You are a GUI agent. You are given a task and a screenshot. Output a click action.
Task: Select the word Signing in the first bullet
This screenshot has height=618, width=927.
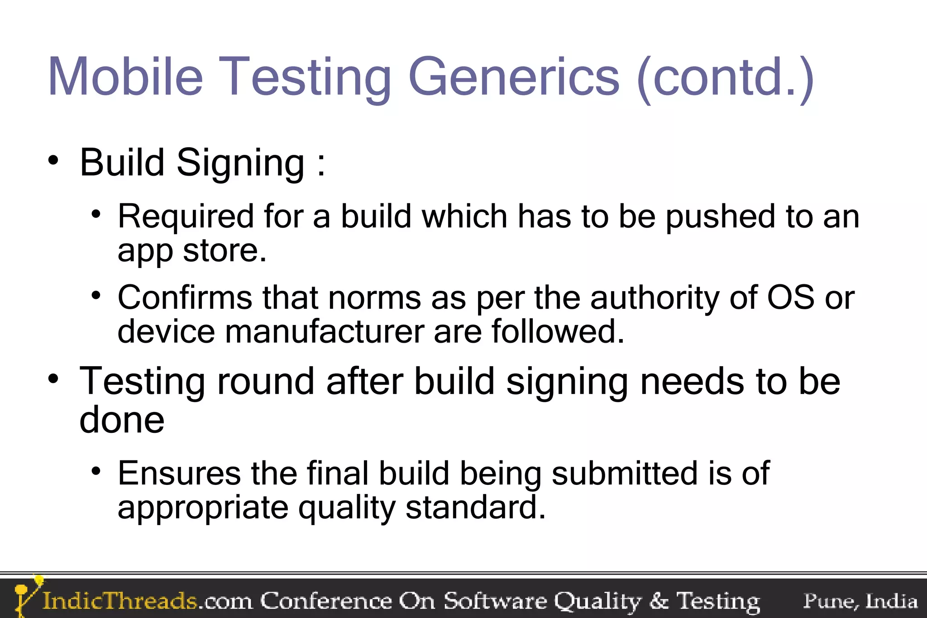coord(240,164)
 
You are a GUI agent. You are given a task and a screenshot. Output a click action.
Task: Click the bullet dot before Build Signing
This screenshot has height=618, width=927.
coord(53,160)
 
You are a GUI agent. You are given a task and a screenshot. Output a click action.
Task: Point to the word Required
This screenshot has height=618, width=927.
coord(186,216)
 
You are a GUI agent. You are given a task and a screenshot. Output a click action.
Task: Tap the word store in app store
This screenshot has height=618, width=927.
coord(225,250)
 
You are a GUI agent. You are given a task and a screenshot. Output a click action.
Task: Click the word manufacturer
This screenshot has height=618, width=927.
coord(324,332)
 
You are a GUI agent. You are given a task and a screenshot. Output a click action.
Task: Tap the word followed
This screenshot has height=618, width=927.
coord(558,332)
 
